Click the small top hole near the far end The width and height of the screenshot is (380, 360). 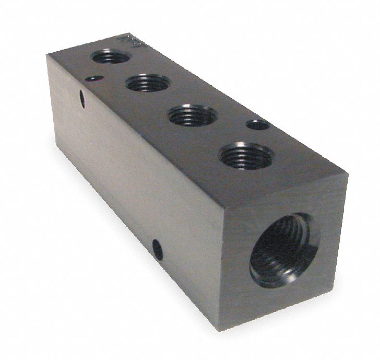(x=93, y=79)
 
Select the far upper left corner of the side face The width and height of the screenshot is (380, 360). (x=51, y=56)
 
